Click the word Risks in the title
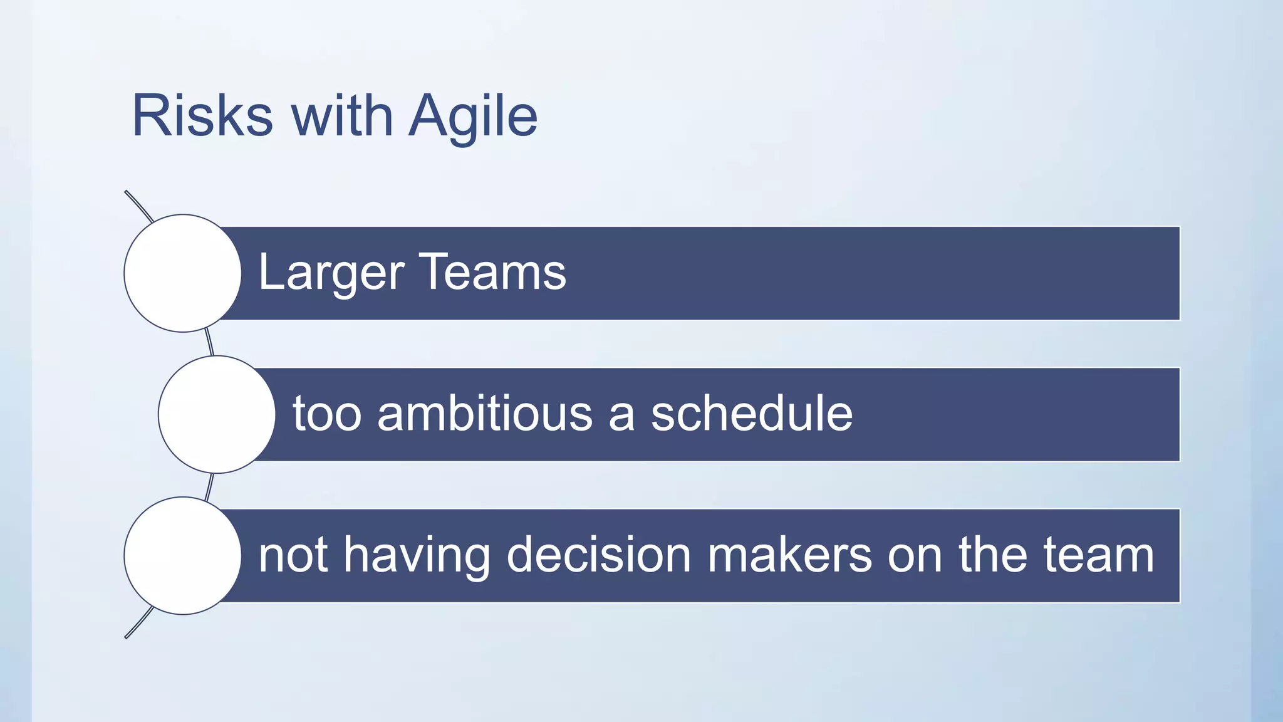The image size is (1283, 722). click(x=202, y=116)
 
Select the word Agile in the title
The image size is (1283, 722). click(x=473, y=116)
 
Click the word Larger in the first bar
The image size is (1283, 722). click(x=331, y=273)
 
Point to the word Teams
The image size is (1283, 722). click(x=492, y=272)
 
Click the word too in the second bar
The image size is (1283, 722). click(x=327, y=414)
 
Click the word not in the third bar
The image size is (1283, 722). click(x=293, y=555)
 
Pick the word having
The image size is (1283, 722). click(x=417, y=555)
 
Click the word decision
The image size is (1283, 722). click(x=598, y=555)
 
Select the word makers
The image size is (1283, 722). click(x=789, y=555)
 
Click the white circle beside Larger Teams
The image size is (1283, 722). click(x=182, y=273)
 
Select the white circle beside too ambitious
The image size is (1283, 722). click(x=216, y=414)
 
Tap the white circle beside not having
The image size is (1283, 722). click(x=182, y=555)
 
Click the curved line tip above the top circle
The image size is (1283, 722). click(x=127, y=192)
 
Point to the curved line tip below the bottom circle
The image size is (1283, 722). click(x=127, y=636)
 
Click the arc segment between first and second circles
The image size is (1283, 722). click(x=209, y=343)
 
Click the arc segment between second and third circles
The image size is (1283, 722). click(x=209, y=486)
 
